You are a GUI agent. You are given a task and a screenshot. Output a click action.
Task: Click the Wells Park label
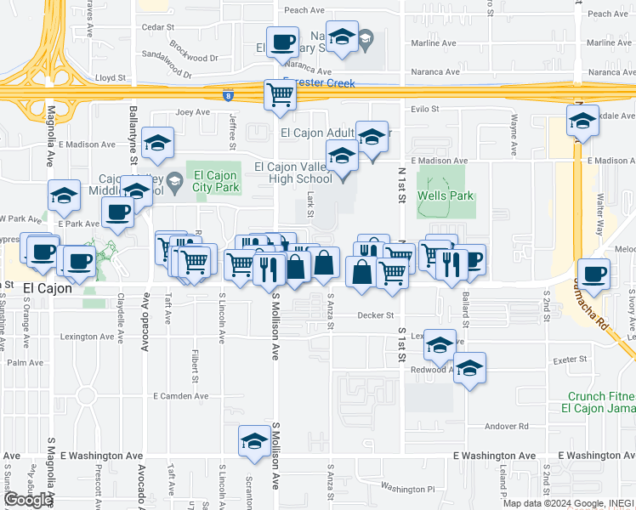445,196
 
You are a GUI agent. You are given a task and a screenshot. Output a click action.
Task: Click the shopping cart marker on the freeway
280,96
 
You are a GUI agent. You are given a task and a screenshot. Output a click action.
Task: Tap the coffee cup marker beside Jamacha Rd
595,275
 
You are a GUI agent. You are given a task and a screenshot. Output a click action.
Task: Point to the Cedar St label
157,27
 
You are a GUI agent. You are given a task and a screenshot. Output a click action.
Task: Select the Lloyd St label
111,77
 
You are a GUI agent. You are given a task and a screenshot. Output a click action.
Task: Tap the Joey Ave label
192,111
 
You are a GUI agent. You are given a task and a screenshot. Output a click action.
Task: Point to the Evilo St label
423,109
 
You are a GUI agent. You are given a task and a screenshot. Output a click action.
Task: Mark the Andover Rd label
507,426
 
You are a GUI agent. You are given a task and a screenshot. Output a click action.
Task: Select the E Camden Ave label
180,396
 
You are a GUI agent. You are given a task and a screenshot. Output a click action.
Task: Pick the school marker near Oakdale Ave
582,122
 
